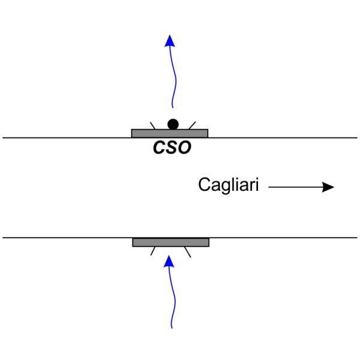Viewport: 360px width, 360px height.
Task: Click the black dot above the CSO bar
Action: pos(173,124)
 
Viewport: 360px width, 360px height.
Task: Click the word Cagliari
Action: pos(229,186)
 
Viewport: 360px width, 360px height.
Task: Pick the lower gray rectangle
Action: pos(170,242)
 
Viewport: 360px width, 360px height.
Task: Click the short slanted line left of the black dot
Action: pos(154,125)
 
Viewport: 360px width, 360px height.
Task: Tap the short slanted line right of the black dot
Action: pos(192,125)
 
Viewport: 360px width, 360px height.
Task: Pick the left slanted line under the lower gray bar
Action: pos(154,251)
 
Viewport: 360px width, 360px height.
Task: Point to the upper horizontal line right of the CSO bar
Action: pos(282,137)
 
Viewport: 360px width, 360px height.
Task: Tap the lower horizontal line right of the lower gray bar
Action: pos(282,238)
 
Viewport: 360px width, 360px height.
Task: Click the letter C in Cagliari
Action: pos(203,186)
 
